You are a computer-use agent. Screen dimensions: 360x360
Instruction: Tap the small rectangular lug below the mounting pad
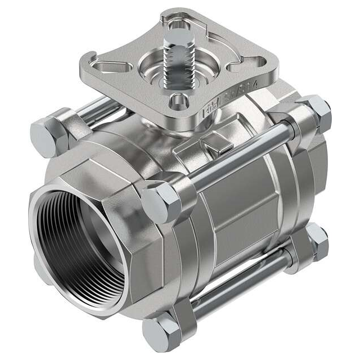click(216, 144)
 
